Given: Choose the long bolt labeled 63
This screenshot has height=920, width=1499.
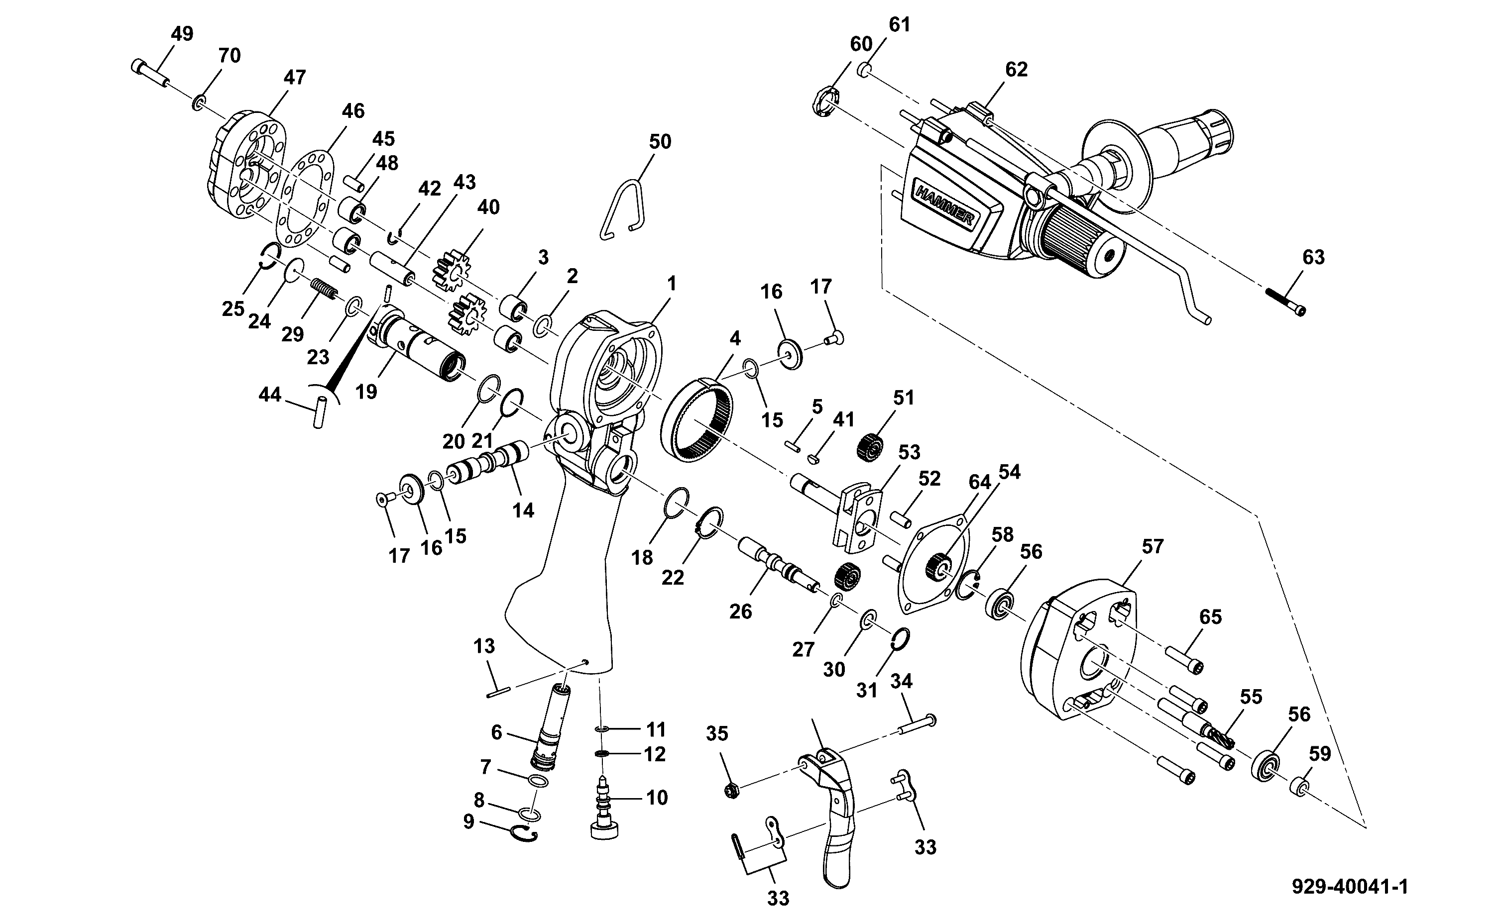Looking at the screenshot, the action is [x=1286, y=302].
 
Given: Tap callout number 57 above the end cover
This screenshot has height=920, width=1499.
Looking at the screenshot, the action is [x=1152, y=546].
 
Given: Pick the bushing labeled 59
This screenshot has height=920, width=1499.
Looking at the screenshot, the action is [x=1299, y=786].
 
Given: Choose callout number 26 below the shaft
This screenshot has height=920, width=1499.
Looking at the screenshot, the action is [x=741, y=612].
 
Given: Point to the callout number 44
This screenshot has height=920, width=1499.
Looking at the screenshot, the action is [x=270, y=395].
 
